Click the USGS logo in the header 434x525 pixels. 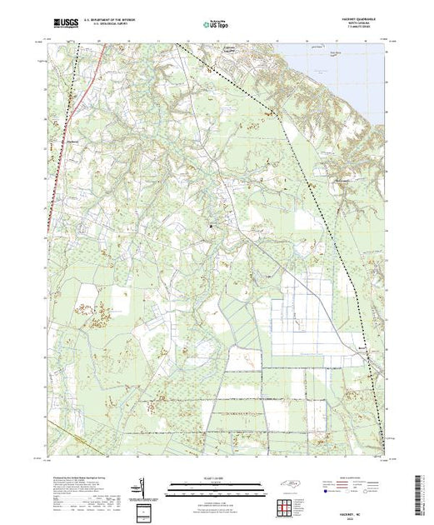click(66, 24)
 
